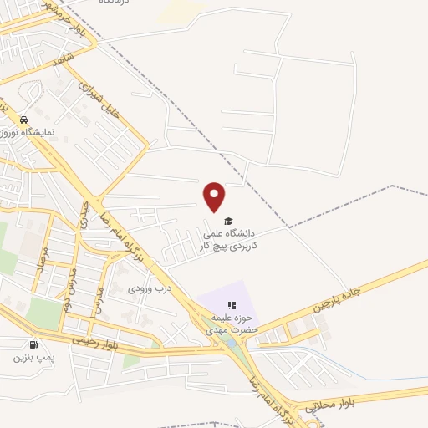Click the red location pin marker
click(215, 196)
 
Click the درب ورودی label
click(150, 289)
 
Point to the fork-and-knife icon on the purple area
click(232, 306)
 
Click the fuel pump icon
click(33, 344)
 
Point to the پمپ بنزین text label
click(33, 358)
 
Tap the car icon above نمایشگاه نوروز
click(25, 120)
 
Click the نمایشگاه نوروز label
click(30, 133)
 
